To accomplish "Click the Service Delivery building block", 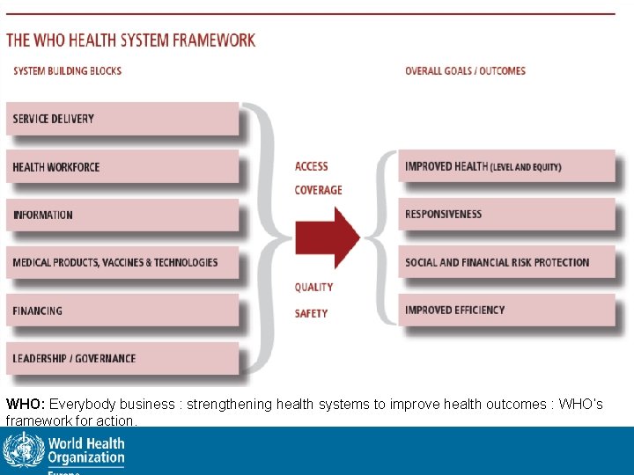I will point(122,119).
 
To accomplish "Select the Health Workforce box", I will point(122,167).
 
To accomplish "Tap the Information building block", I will point(122,215).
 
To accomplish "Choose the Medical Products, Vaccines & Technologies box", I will point(122,262).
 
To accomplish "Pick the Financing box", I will point(122,311).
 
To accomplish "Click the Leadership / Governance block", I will point(122,358).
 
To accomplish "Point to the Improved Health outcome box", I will point(506,166).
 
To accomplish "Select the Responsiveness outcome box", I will point(506,214).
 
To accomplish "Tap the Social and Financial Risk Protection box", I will point(506,262).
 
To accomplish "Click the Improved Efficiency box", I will point(506,310).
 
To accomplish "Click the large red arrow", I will point(327,237).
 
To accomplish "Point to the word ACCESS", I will point(312,166).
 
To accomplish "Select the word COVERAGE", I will point(318,190).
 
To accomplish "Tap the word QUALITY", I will point(314,287).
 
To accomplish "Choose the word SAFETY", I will point(312,313).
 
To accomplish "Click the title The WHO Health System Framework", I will point(131,40).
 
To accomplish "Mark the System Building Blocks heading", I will point(67,70).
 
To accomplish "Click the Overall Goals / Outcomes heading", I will point(465,70).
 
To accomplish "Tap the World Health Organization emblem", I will point(23,450).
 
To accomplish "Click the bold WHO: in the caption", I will point(26,405).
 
